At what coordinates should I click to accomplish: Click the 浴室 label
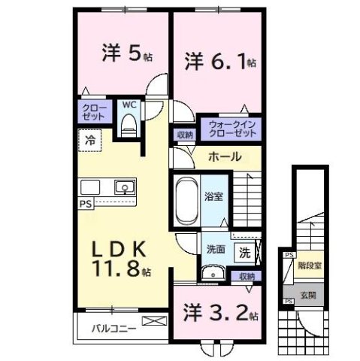(x=213, y=196)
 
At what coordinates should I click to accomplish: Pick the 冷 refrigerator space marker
(x=90, y=139)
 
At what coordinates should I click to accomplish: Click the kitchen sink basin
(x=123, y=187)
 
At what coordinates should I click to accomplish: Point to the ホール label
(x=224, y=157)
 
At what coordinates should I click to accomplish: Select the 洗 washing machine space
(x=244, y=253)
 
